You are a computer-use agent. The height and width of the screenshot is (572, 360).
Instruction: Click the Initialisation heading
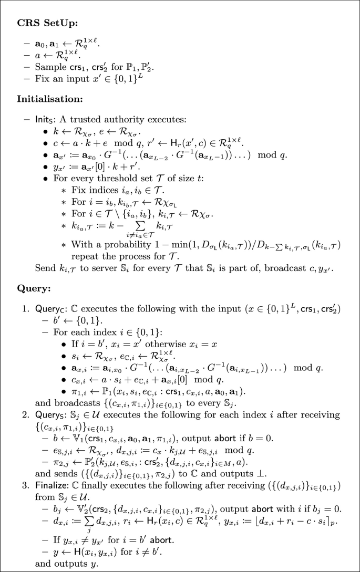(x=50, y=99)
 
